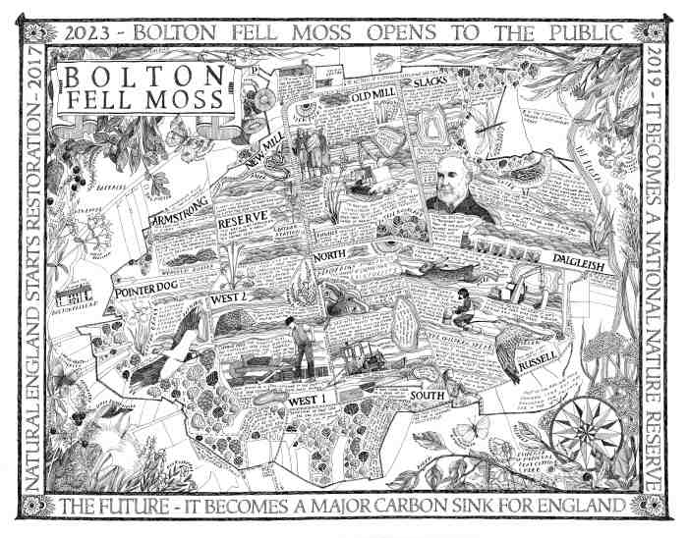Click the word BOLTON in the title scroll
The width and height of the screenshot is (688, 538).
coord(145,77)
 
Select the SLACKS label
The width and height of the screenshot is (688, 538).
coord(430,83)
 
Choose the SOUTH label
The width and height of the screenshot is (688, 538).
coord(429,395)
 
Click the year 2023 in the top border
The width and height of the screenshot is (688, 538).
coord(85,31)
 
